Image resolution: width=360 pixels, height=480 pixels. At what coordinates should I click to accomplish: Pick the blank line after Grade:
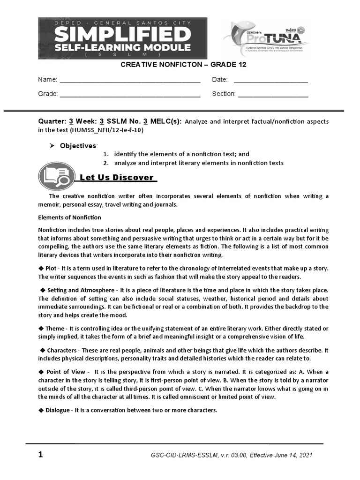(x=130, y=95)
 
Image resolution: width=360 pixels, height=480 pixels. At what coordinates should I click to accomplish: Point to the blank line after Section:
(x=273, y=95)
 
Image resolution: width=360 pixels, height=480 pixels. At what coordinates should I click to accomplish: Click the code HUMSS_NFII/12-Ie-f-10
(x=106, y=130)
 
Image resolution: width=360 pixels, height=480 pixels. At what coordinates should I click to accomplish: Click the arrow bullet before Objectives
(x=52, y=146)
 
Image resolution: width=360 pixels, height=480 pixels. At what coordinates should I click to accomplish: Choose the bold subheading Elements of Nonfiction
(x=69, y=217)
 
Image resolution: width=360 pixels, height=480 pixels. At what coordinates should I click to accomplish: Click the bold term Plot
(x=52, y=268)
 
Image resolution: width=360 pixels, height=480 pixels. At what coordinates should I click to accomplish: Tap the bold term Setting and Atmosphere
(x=81, y=291)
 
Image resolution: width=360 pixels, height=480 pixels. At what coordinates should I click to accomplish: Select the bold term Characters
(x=62, y=351)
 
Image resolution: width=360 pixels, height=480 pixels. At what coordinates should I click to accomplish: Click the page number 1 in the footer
(x=40, y=455)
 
